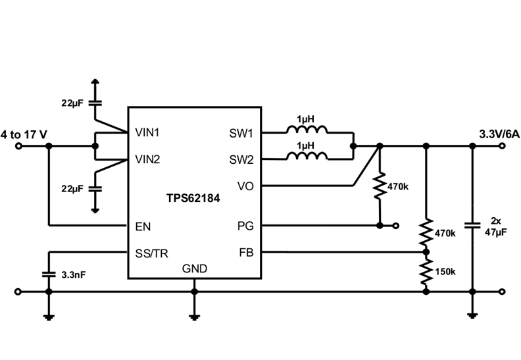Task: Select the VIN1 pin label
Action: [147, 132]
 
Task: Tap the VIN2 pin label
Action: [147, 159]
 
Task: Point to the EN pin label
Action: [143, 226]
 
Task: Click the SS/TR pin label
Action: [150, 252]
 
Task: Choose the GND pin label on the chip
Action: [194, 269]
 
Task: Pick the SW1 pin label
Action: [241, 132]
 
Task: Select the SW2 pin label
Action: [241, 159]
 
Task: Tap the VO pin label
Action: [245, 186]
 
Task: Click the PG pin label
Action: [245, 226]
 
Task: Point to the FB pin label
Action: [246, 252]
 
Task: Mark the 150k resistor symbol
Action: [426, 271]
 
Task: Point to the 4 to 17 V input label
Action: [24, 134]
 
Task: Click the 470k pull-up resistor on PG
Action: [380, 188]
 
